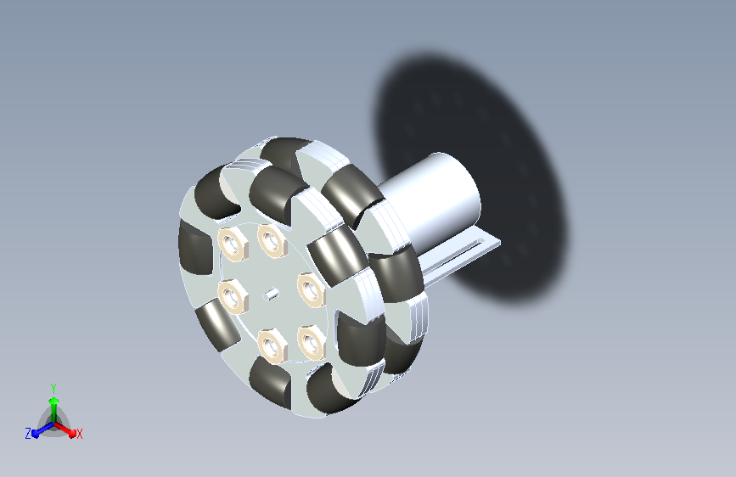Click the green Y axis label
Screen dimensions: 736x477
[53, 388]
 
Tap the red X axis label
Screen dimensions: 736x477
[79, 434]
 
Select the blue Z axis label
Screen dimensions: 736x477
[28, 434]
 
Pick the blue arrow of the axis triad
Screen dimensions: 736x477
[43, 429]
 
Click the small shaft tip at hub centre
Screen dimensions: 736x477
[271, 295]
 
